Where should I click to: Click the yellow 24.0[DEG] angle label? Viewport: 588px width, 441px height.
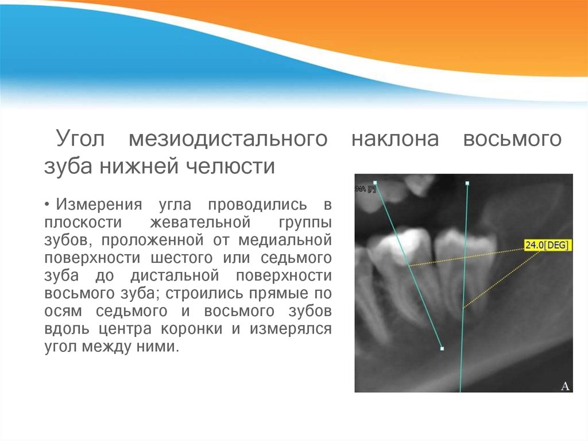[547, 246]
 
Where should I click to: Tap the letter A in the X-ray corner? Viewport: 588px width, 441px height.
[564, 386]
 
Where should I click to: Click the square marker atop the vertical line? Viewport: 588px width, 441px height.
[467, 183]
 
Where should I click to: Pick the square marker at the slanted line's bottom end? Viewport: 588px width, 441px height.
[442, 348]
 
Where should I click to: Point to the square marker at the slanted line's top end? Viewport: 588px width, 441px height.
[375, 183]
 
